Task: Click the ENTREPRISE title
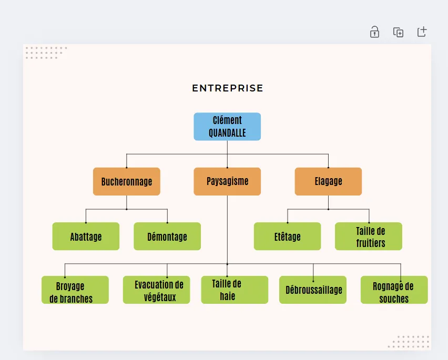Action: click(228, 88)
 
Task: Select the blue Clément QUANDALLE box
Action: click(227, 127)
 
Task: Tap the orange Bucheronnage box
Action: click(127, 181)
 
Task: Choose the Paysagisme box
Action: click(227, 181)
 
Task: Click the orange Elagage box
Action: click(328, 181)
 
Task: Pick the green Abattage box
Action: click(86, 236)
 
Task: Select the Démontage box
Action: click(167, 236)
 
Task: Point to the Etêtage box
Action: click(288, 236)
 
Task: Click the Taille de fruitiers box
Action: click(369, 236)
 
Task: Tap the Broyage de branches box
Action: click(75, 290)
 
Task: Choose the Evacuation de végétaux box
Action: click(157, 290)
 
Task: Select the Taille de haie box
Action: click(235, 290)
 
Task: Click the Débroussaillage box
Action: click(313, 290)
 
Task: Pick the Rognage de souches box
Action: click(394, 290)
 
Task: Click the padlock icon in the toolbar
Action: click(374, 32)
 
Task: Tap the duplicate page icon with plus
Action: click(398, 32)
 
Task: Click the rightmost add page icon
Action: click(422, 32)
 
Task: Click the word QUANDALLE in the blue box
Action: click(227, 133)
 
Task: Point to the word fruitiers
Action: click(371, 243)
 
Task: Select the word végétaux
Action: click(160, 297)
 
